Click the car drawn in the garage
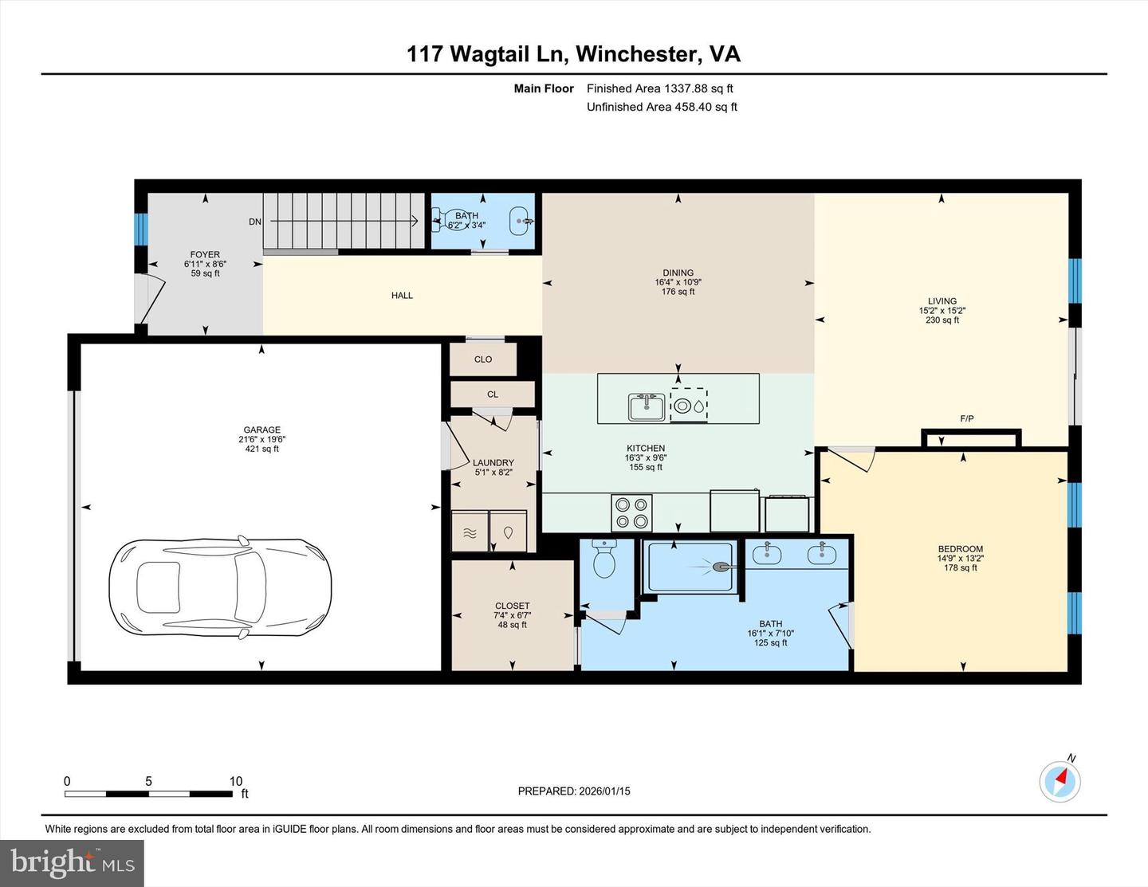pos(220,587)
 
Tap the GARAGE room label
pos(261,430)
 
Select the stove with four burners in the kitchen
pos(631,512)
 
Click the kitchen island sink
pos(647,407)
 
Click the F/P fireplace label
pos(966,418)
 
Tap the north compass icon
pos(1060,780)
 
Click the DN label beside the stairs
pos(254,222)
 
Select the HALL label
pos(402,296)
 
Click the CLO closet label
pos(483,359)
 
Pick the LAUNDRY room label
pos(493,463)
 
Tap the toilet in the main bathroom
pos(605,559)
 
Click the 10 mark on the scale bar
pos(235,781)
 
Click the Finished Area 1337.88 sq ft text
pos(659,88)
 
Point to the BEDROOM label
pos(960,549)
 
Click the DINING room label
pos(678,273)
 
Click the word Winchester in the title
pos(634,54)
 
